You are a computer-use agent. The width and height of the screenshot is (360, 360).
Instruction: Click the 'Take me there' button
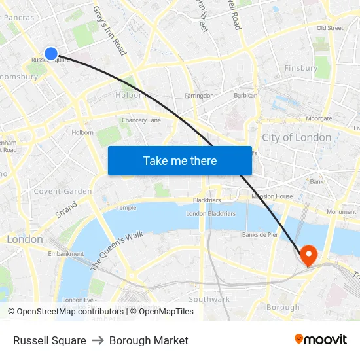tap(179, 160)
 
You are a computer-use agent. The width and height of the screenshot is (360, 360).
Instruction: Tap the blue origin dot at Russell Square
tap(51, 54)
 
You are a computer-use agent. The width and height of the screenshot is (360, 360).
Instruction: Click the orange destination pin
tap(308, 255)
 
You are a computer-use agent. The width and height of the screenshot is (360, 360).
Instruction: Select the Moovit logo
tap(320, 340)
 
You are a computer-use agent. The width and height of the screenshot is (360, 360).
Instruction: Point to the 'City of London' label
tap(297, 137)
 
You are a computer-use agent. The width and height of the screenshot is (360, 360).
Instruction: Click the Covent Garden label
tap(62, 191)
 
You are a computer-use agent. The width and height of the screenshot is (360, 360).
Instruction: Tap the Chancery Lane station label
tap(141, 120)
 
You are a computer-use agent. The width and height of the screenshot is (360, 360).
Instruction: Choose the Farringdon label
tap(199, 96)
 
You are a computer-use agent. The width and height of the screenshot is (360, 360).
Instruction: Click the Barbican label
tap(245, 96)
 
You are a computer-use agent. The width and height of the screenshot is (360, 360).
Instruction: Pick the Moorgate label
tap(319, 118)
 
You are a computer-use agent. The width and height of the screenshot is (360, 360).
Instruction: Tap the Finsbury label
tap(301, 68)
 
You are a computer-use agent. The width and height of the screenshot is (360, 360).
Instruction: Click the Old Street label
tap(330, 28)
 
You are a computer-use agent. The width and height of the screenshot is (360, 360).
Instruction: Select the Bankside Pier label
tap(260, 234)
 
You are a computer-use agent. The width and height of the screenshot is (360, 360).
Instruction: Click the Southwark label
tap(209, 299)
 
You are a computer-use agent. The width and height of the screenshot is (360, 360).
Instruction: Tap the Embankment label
tap(66, 254)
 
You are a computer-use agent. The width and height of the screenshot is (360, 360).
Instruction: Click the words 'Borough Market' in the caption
tap(149, 340)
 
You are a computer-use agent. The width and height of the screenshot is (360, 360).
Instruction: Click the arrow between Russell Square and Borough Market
tap(98, 340)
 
